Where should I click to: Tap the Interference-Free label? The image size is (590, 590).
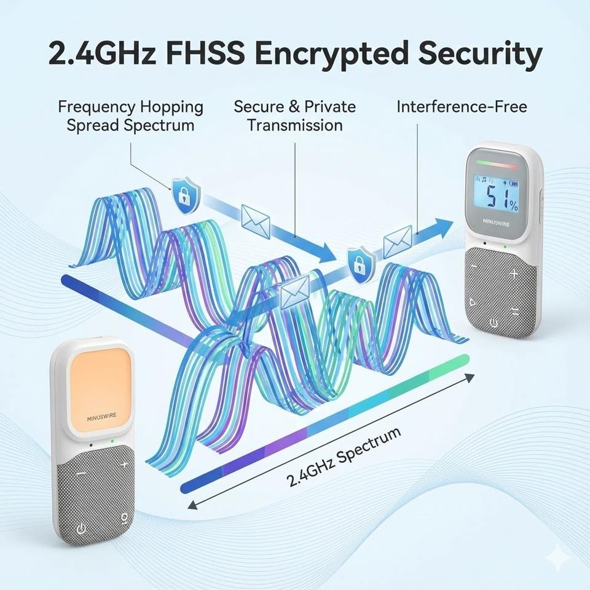tap(462, 106)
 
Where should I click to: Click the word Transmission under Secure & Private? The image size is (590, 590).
tap(294, 125)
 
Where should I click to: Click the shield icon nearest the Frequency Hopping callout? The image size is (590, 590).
tap(184, 195)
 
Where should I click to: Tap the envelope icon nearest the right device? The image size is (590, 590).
tap(398, 241)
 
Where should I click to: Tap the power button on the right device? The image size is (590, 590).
tap(493, 322)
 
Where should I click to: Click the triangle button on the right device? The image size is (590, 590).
tap(471, 302)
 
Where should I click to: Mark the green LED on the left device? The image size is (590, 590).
tap(112, 441)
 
